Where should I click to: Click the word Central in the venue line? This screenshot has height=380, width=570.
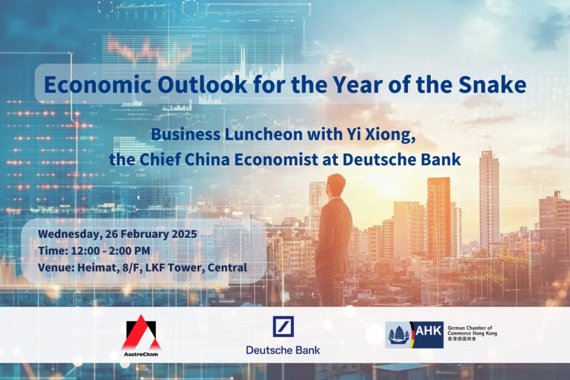(x=227, y=267)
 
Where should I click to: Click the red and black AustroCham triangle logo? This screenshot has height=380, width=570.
(x=141, y=332)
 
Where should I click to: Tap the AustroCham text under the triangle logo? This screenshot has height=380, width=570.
(x=141, y=354)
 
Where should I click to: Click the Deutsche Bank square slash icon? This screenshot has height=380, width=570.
(x=283, y=326)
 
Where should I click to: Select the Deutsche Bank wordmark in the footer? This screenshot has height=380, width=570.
(x=283, y=350)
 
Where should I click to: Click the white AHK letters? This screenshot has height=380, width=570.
(x=429, y=330)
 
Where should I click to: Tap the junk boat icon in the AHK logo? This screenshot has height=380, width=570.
(x=399, y=335)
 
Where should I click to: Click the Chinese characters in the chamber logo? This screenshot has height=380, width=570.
(x=461, y=339)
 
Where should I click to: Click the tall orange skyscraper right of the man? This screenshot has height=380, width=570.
(x=439, y=218)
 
